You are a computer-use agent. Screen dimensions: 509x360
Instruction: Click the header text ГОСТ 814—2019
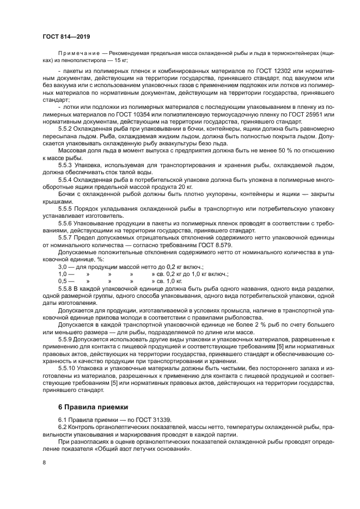pos(66,36)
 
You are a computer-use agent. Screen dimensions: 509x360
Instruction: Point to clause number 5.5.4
pos(66,180)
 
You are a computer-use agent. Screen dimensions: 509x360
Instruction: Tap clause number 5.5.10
pos(68,368)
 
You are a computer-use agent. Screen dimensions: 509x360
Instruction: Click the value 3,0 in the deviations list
pos(63,267)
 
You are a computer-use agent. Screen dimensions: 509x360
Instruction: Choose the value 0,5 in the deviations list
pos(63,281)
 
